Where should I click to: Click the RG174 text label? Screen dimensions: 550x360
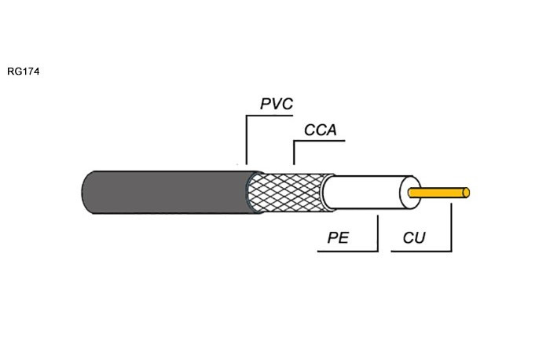click(23, 72)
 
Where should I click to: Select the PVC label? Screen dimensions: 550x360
click(277, 104)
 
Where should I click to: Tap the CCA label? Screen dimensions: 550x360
click(321, 130)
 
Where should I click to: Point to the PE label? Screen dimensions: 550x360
click(338, 237)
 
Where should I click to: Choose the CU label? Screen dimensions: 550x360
click(414, 237)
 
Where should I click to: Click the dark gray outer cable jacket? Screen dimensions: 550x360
click(168, 193)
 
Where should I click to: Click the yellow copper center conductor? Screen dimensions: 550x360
click(438, 193)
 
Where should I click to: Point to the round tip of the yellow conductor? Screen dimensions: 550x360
click(466, 193)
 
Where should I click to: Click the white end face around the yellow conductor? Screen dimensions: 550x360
click(403, 193)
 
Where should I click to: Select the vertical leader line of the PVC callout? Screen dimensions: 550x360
click(247, 140)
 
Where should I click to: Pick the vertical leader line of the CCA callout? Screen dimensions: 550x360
click(294, 152)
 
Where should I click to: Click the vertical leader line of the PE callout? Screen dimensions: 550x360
click(378, 233)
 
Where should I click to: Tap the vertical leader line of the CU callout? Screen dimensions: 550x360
click(452, 227)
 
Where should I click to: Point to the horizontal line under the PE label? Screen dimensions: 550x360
click(347, 252)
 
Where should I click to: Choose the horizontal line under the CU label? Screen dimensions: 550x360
click(422, 252)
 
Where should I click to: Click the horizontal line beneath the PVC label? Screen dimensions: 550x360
click(269, 116)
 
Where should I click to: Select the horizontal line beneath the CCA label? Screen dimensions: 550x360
click(319, 141)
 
